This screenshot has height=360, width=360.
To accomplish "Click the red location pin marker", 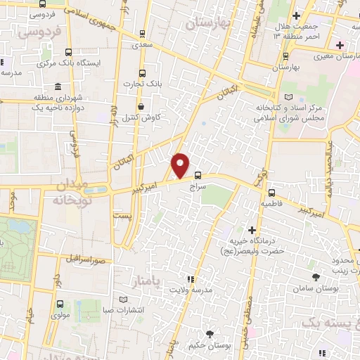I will click(181, 166).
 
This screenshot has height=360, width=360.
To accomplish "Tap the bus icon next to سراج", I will click(198, 175).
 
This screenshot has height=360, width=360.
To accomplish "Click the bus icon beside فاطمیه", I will click(271, 191).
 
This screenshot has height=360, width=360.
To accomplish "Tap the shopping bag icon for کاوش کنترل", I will click(142, 107).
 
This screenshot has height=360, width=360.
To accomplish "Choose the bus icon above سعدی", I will click(143, 33).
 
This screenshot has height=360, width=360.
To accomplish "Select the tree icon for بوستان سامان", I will click(316, 277).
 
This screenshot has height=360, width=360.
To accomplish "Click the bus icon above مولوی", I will click(59, 304).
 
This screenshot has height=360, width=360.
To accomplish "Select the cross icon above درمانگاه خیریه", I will click(252, 229).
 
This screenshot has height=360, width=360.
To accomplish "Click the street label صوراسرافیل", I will click(87, 259).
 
